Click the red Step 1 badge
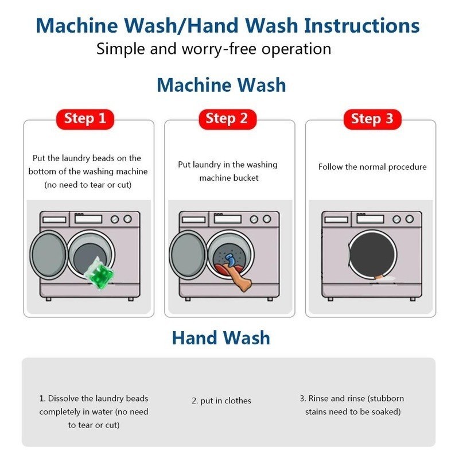(85, 119)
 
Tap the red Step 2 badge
(227, 119)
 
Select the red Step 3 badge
(372, 119)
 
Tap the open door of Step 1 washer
(49, 254)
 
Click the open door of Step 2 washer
(188, 254)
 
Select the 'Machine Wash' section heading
(221, 85)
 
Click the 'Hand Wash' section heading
(221, 338)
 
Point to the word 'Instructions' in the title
(362, 25)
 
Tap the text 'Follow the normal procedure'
(372, 167)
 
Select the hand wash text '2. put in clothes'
(221, 400)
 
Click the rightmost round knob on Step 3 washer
(409, 219)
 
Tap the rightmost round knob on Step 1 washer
(127, 219)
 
